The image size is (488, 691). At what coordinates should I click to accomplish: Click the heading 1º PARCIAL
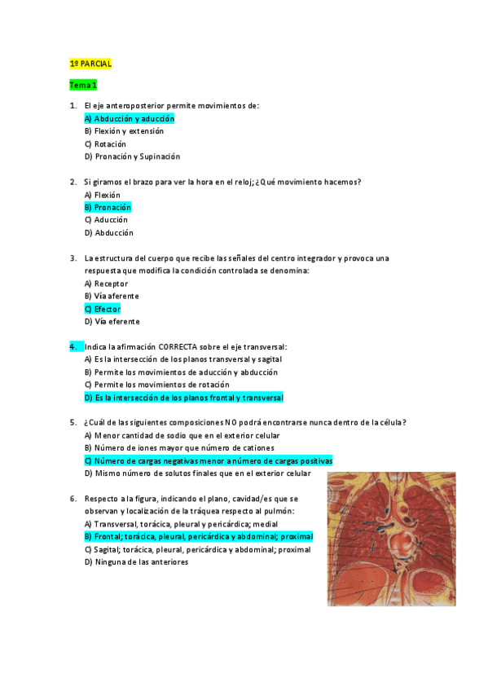(90, 64)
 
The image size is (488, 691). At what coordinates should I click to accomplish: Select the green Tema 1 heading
(83, 85)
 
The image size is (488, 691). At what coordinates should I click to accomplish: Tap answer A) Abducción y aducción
(129, 119)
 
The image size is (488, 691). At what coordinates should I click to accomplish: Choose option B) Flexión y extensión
(124, 131)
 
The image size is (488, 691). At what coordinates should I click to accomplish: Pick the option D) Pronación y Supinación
(132, 156)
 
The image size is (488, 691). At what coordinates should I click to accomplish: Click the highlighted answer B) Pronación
(108, 208)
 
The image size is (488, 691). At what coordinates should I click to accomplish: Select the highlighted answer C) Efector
(102, 309)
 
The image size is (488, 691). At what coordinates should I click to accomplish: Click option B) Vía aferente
(112, 297)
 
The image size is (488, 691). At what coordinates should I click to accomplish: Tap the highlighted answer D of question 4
(183, 398)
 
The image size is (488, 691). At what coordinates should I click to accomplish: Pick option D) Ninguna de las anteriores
(136, 562)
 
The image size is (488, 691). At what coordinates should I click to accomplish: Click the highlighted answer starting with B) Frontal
(197, 537)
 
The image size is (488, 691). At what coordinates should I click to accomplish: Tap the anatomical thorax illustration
(391, 539)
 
